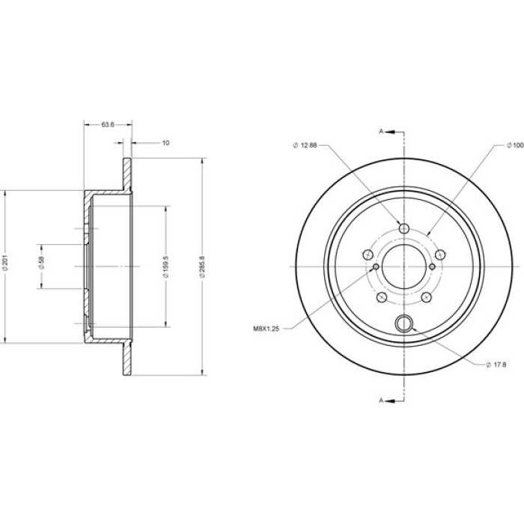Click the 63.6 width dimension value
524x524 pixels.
pos(108,125)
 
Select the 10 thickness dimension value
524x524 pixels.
pos(165,143)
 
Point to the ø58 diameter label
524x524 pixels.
pos(41,263)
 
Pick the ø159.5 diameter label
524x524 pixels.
pos(166,266)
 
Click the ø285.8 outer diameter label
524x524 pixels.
pos(202,266)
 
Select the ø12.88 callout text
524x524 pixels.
pos(305,145)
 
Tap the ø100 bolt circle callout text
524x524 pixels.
pos(515,145)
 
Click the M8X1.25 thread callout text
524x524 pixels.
pos(266,329)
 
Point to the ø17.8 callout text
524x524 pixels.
pos(496,365)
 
